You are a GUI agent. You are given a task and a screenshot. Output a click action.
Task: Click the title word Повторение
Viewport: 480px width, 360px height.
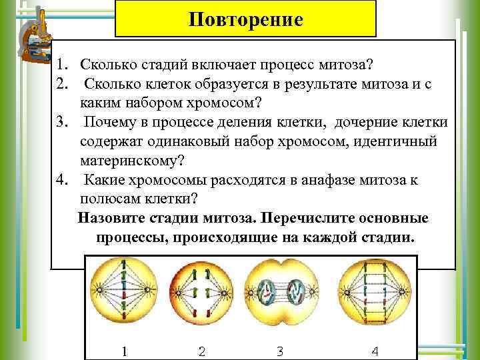point(246,19)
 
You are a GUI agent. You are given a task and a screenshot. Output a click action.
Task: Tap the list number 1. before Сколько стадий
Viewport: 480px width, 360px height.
point(63,65)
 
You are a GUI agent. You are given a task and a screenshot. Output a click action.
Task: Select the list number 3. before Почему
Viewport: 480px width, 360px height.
point(63,123)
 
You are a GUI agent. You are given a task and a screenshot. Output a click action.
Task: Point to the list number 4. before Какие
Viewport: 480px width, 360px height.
point(63,180)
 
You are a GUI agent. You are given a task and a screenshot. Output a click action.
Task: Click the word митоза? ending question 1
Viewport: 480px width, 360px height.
point(343,65)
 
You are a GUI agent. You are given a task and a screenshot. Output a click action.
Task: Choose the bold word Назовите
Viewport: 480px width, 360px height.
point(112,219)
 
